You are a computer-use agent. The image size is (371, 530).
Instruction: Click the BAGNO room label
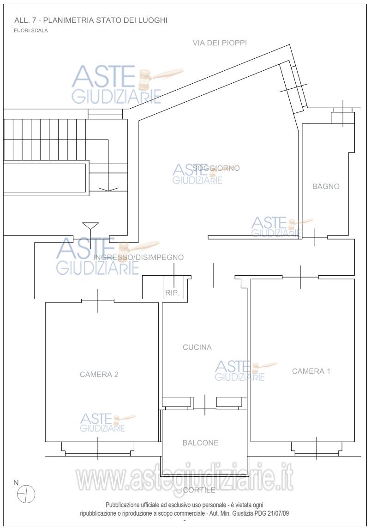point(326,186)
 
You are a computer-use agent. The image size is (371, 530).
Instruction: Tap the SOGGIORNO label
point(216,168)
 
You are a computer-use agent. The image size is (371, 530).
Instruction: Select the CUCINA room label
point(197,347)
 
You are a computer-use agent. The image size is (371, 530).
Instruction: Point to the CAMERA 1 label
point(311,371)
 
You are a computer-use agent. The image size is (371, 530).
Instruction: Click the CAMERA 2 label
point(99,374)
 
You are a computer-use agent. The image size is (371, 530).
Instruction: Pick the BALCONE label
point(200,443)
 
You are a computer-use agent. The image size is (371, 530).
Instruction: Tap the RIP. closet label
point(172,293)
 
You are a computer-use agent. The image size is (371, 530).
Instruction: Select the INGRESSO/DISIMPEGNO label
point(138,257)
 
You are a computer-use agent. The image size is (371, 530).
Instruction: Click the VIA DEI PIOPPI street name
point(220,43)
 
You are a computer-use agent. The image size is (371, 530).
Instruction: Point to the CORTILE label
point(199,490)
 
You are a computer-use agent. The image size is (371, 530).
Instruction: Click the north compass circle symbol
point(26,493)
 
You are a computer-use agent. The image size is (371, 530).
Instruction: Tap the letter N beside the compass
point(16,483)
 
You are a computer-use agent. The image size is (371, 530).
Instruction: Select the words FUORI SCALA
point(31,31)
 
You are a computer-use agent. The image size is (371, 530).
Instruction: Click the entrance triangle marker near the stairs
point(91,226)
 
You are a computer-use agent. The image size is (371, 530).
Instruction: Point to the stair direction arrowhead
point(108,189)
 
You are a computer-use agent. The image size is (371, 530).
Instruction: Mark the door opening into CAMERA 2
point(98,301)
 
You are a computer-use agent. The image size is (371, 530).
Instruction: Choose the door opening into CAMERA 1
point(300,277)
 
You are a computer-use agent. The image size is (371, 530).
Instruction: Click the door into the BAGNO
point(315,237)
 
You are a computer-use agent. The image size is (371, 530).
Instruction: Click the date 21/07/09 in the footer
point(278,513)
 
